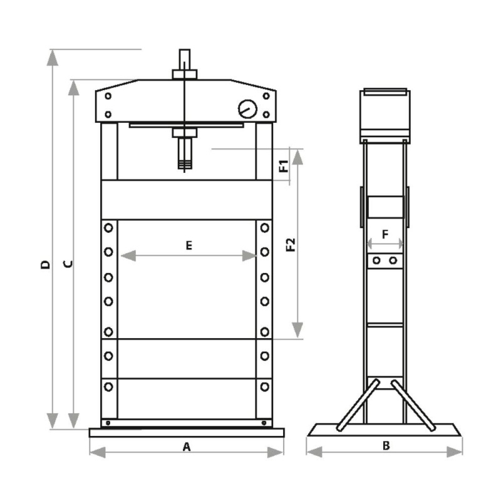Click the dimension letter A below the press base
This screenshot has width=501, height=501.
(186, 447)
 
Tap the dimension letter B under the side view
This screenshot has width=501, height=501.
(386, 445)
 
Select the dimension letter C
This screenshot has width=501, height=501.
(68, 264)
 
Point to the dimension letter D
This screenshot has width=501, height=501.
(46, 264)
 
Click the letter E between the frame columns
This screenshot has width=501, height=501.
(189, 245)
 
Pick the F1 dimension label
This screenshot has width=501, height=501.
(284, 166)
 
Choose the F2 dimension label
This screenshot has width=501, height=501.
(291, 245)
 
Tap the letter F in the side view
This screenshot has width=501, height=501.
(385, 234)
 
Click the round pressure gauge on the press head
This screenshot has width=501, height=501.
(247, 109)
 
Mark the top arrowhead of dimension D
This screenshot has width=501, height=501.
(53, 58)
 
